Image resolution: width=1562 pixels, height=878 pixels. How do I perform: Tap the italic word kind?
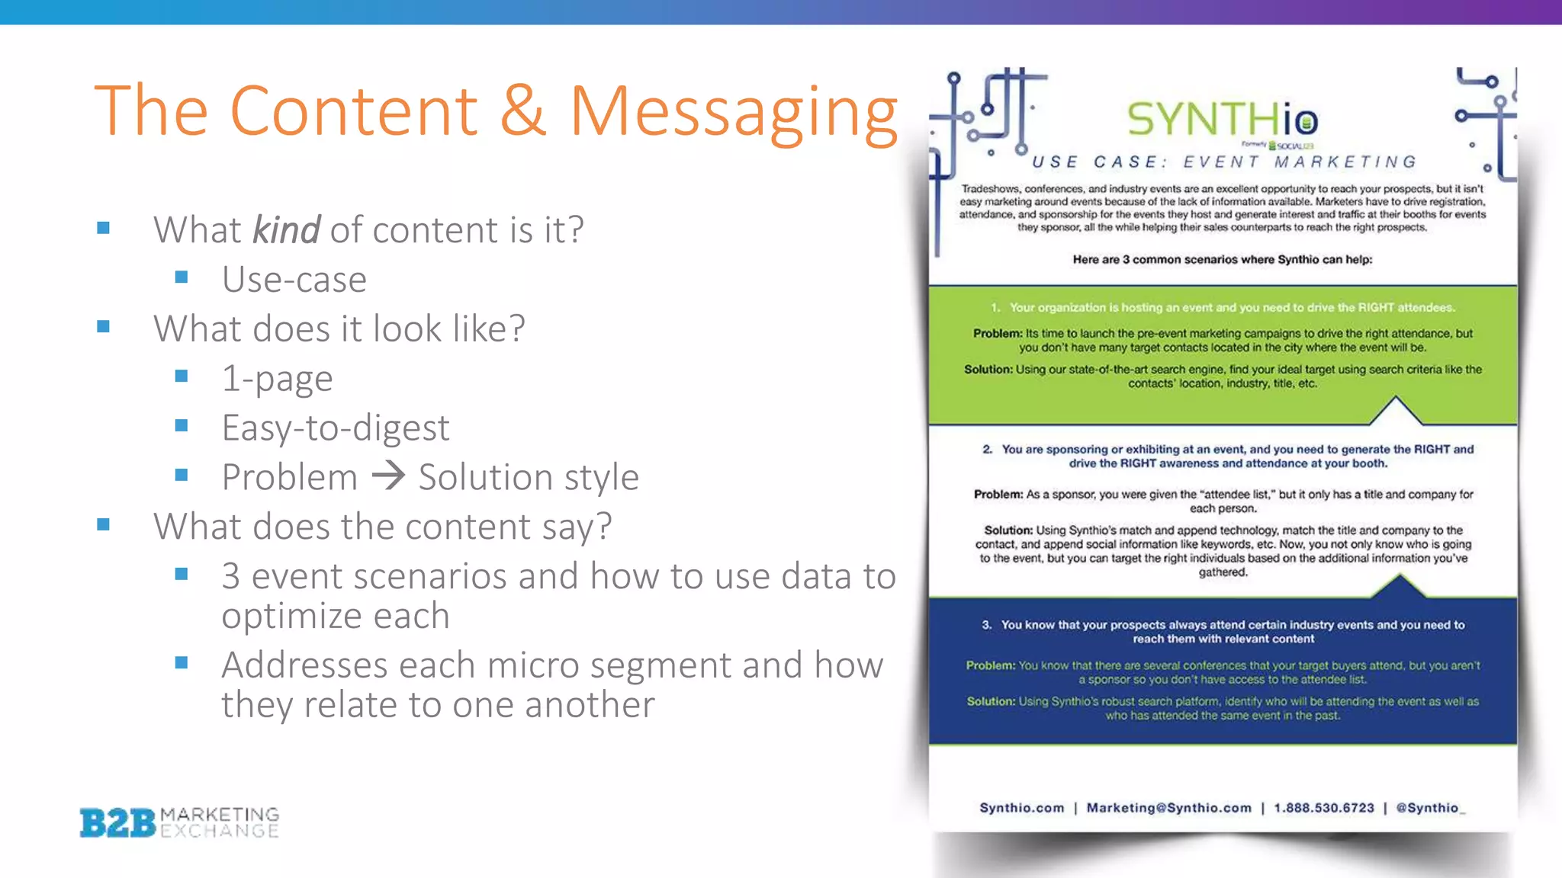[286, 229]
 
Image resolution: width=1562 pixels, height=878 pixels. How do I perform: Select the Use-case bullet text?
[294, 279]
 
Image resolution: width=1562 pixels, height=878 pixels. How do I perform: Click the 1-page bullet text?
[277, 378]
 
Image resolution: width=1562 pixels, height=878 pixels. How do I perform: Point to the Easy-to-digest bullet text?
[336, 428]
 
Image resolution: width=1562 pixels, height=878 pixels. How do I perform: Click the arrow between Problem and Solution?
[388, 476]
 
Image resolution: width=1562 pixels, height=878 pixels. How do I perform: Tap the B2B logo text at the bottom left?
[117, 823]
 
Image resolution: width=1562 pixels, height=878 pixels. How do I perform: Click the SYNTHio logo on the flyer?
[1222, 120]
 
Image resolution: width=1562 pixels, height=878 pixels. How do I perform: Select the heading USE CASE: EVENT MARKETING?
[1223, 162]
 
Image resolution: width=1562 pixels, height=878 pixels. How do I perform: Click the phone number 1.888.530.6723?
[1323, 808]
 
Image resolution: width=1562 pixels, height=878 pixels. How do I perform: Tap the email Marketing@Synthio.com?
[1168, 808]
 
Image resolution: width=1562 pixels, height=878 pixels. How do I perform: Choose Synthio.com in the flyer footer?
[1021, 808]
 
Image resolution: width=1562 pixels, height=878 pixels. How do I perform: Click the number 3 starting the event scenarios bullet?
[230, 576]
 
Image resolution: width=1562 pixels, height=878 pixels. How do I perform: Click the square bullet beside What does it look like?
[104, 328]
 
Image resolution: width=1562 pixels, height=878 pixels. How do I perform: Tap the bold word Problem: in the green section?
[997, 334]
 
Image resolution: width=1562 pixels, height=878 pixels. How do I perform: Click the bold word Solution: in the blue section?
[991, 701]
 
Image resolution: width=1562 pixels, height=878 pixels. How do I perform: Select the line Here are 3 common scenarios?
[1222, 260]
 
